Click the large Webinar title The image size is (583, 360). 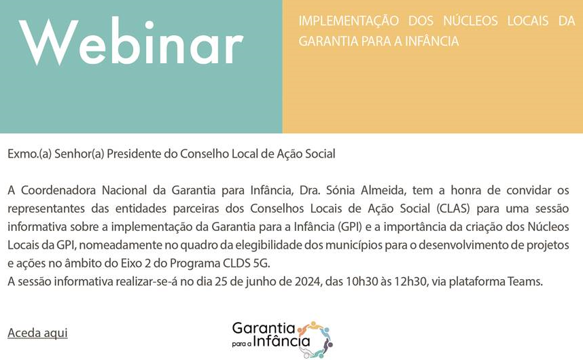point(131,41)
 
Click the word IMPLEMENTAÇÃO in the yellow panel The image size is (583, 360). point(349,20)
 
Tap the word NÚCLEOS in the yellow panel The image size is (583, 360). point(470,20)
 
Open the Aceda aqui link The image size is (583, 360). point(37,333)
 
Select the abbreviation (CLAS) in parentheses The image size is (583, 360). point(453,209)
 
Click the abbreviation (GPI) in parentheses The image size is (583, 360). point(350,227)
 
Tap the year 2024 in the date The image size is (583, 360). point(308,282)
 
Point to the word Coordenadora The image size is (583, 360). point(58,190)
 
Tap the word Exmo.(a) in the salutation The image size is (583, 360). point(29,154)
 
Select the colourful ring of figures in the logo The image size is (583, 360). point(315,339)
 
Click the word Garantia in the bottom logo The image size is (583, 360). point(263,328)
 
